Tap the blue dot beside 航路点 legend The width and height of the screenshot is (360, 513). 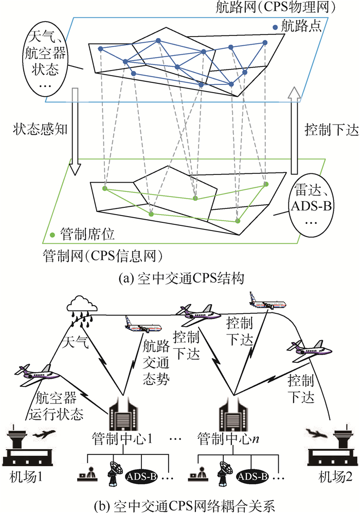(x=276, y=26)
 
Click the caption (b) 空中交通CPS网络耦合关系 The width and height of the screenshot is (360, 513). (x=179, y=503)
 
